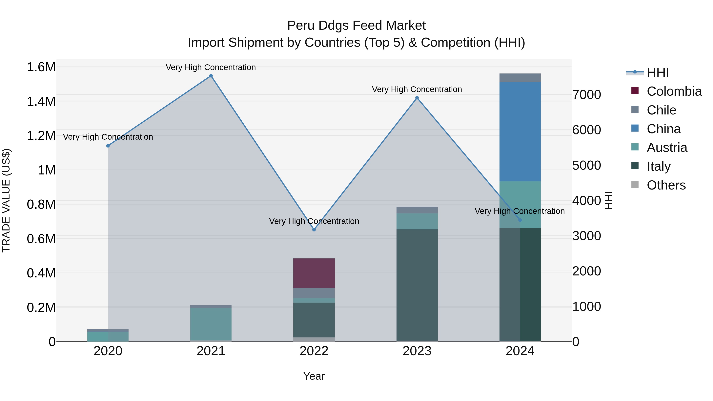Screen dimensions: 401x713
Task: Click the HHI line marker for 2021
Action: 211,76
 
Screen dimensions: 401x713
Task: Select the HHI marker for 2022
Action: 314,230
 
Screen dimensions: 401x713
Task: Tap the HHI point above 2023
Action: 417,98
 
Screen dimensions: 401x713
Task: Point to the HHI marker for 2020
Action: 108,146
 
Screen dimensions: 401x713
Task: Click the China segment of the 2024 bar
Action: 520,131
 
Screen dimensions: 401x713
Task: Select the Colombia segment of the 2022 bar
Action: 314,273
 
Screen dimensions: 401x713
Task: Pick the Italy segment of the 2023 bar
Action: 417,285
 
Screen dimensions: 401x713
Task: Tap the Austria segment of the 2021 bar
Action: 211,324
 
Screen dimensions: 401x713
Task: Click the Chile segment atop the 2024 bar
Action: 520,78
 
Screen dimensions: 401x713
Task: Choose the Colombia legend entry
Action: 674,91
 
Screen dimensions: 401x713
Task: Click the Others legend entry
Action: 666,185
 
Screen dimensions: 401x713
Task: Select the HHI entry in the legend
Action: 658,72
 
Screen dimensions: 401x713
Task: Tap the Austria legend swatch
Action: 635,147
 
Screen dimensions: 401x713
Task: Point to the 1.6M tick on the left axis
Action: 41,67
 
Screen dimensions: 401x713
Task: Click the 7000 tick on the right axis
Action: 586,95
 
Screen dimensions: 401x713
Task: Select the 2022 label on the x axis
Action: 314,351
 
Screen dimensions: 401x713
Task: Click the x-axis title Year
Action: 314,376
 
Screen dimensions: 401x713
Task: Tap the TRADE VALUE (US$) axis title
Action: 6,200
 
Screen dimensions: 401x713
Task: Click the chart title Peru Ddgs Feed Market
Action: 356,26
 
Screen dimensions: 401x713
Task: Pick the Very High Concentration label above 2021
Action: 211,67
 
